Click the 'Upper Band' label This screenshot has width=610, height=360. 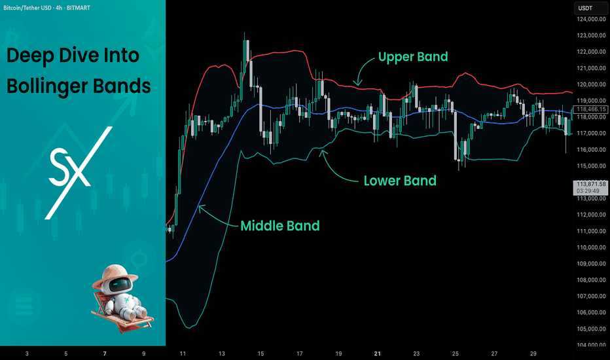pos(413,57)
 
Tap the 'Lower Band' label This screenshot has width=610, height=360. pos(400,181)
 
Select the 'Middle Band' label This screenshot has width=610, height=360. pos(280,226)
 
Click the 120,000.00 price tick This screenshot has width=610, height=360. pos(591,84)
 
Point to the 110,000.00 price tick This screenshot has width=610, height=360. pos(591,247)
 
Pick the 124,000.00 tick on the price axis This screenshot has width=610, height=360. pos(591,19)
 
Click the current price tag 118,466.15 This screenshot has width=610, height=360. pos(591,109)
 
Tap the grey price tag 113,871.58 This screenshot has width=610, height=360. pos(591,184)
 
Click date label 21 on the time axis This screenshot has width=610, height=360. pos(378,353)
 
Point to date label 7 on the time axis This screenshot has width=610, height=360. pos(105,353)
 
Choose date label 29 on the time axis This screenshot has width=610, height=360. pos(533,353)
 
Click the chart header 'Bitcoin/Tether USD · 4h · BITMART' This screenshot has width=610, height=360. pos(46,8)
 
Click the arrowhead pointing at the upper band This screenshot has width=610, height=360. pos(357,83)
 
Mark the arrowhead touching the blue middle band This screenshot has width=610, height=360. pos(201,208)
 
